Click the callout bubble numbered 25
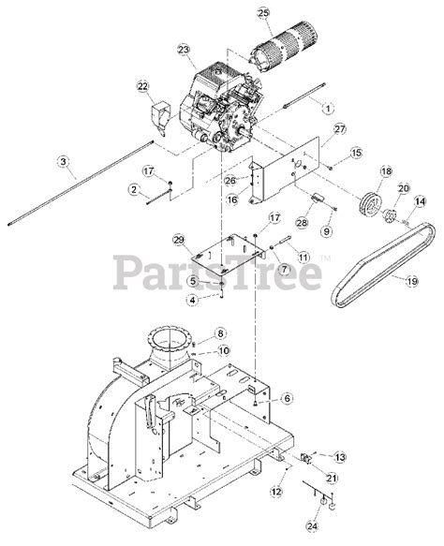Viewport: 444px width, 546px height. (x=263, y=14)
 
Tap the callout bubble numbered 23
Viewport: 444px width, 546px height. (x=184, y=50)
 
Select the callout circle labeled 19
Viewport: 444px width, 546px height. (x=412, y=281)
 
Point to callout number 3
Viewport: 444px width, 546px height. (x=63, y=161)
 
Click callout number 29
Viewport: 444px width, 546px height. (x=179, y=240)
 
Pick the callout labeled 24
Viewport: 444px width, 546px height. (x=312, y=525)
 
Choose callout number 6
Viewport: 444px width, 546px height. (x=287, y=398)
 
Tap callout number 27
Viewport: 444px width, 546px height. (x=339, y=129)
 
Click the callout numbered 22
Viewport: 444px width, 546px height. (x=142, y=86)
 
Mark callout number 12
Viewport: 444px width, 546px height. (x=276, y=492)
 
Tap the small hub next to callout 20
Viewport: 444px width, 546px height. (x=389, y=216)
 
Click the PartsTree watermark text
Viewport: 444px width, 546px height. (x=217, y=272)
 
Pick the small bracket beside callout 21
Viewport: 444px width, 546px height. (x=305, y=458)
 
